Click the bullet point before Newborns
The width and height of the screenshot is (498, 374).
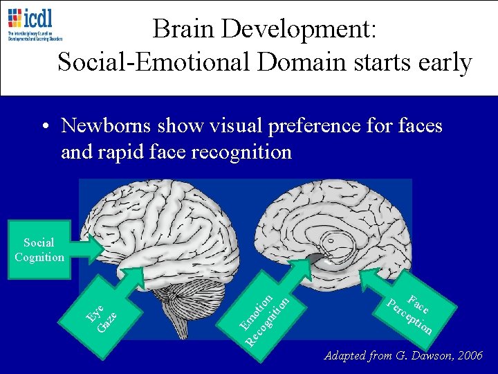click(x=44, y=127)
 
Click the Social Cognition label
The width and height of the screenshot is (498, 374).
click(x=39, y=250)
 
